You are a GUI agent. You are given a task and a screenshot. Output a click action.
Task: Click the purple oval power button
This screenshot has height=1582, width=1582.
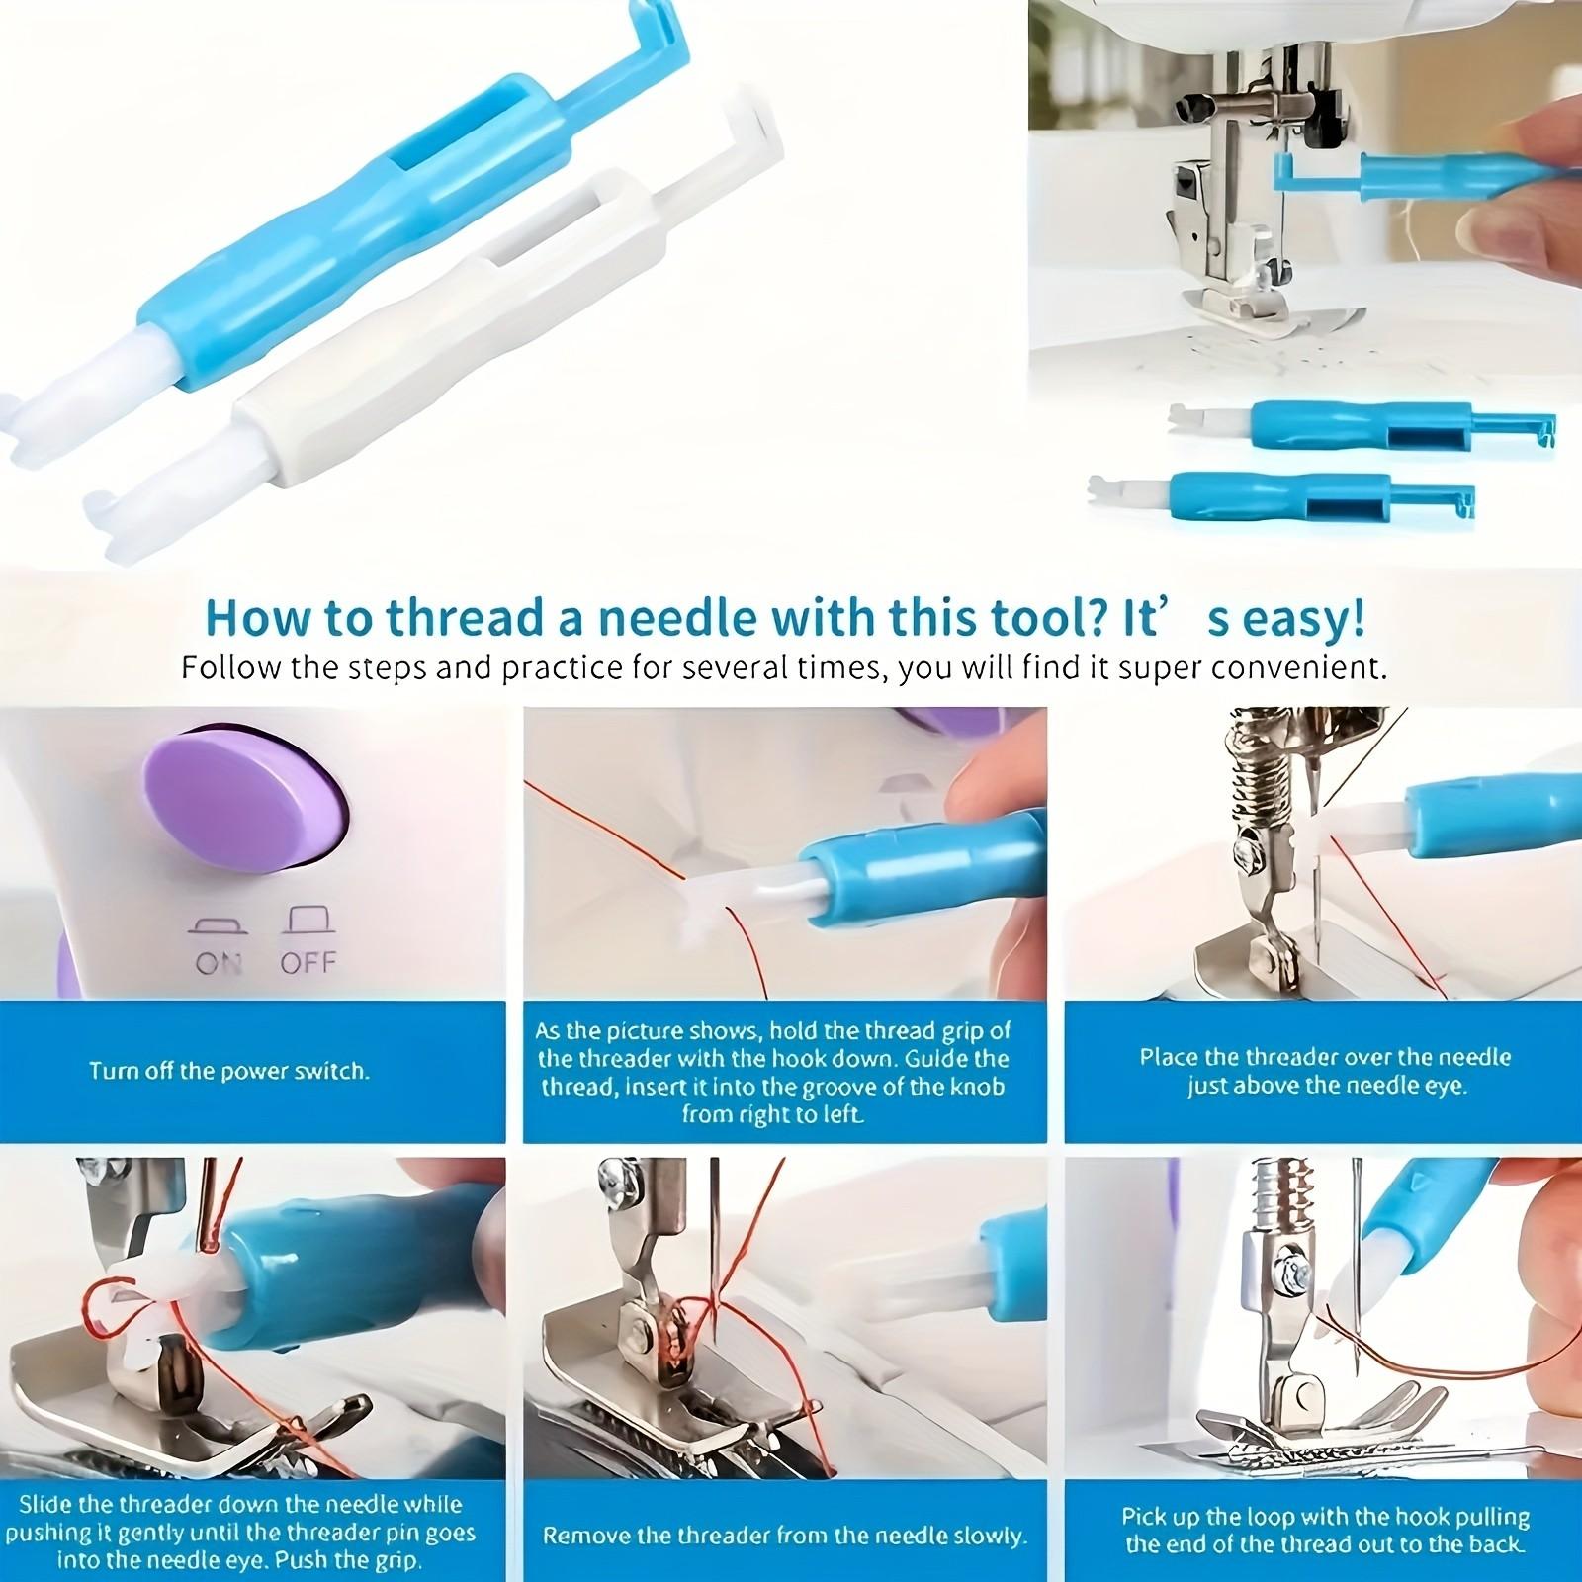tap(242, 801)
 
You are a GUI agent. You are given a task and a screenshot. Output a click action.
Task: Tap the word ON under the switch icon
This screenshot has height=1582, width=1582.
tap(219, 962)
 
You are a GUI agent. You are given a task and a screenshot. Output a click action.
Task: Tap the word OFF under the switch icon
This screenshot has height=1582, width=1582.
tap(308, 962)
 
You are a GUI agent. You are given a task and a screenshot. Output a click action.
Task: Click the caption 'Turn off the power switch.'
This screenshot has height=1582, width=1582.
tap(229, 1071)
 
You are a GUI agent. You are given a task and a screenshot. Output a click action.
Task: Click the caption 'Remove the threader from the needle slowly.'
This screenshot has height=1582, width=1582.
tap(785, 1537)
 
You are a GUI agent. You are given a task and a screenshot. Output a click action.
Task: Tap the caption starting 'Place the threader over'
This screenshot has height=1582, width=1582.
tap(1325, 1071)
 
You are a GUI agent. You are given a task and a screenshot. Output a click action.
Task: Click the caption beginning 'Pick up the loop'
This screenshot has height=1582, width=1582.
tap(1325, 1530)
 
